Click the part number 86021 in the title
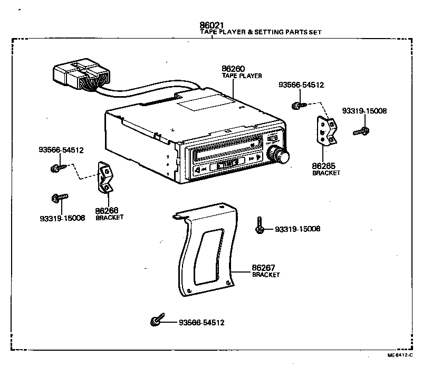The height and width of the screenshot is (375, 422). pos(212,25)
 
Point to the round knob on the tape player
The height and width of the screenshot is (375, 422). pos(278,155)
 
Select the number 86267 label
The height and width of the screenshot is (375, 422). pos(264,268)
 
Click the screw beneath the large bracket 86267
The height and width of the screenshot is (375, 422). pos(156,321)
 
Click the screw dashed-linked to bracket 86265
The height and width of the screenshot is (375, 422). pos(296,105)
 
